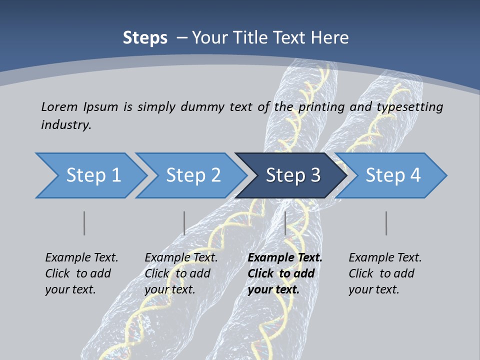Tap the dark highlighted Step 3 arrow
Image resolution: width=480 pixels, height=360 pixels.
[x=292, y=175]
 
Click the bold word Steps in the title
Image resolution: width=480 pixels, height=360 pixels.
[x=145, y=38]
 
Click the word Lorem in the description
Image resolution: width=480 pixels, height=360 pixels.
[x=58, y=106]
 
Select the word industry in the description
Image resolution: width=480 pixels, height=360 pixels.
[x=66, y=125]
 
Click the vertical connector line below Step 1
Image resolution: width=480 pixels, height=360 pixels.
[x=84, y=223]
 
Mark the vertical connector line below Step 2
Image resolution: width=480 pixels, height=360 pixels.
[x=184, y=223]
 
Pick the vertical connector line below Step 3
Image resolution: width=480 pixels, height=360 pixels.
[x=285, y=223]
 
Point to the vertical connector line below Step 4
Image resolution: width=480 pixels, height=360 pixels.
[x=386, y=223]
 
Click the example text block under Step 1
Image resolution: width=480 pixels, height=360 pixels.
[x=81, y=273]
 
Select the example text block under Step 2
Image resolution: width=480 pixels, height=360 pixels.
[x=180, y=273]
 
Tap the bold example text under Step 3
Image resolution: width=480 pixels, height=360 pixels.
[x=284, y=273]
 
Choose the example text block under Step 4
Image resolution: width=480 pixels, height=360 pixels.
[x=384, y=273]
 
